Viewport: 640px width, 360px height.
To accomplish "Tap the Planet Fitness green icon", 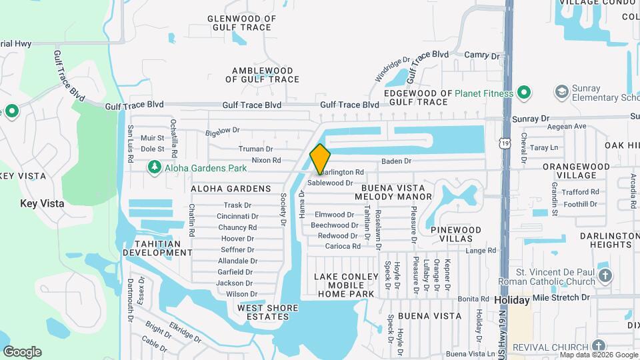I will pyautogui.click(x=523, y=93).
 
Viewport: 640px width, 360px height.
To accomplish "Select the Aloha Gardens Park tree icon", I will pyautogui.click(x=155, y=166).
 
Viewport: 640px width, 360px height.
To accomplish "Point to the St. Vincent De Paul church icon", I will pyautogui.click(x=605, y=276).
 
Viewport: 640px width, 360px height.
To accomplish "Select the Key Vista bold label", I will pyautogui.click(x=42, y=203).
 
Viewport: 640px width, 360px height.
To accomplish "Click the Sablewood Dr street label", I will pyautogui.click(x=329, y=183).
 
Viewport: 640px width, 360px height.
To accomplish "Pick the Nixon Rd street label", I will pyautogui.click(x=266, y=160).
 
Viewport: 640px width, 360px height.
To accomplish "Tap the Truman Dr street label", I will pyautogui.click(x=256, y=149).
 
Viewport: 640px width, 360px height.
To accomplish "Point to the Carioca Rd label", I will pyautogui.click(x=343, y=246).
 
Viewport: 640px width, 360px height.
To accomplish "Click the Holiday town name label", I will pyautogui.click(x=511, y=301).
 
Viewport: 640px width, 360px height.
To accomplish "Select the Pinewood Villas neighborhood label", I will pyautogui.click(x=456, y=234).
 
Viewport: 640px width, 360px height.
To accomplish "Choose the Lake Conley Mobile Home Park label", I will pyautogui.click(x=345, y=285).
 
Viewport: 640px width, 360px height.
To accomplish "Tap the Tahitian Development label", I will pyautogui.click(x=157, y=248).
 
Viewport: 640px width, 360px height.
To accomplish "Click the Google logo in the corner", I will pyautogui.click(x=22, y=352).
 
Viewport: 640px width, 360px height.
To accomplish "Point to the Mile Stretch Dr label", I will pyautogui.click(x=561, y=297).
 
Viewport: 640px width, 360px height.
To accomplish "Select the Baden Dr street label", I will pyautogui.click(x=396, y=161).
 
